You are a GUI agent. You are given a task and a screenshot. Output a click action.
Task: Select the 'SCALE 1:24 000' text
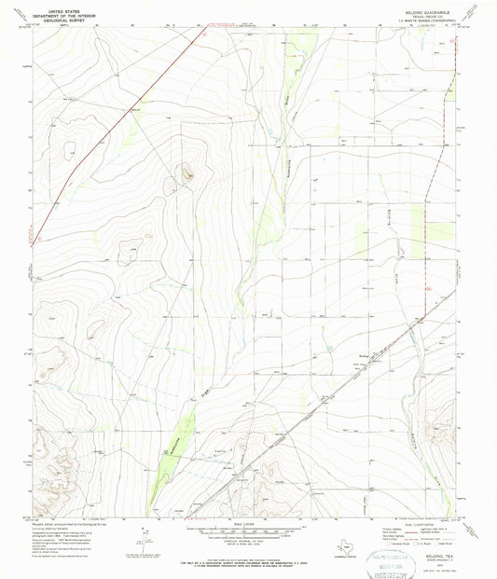coord(247,526)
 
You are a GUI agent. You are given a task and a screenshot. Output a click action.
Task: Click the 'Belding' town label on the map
coord(366,353)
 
